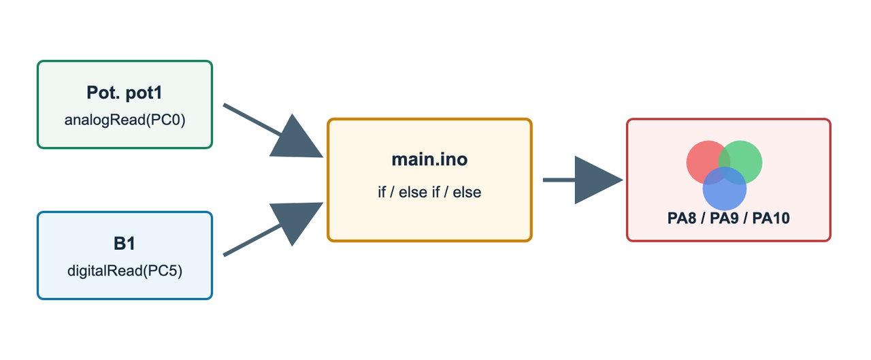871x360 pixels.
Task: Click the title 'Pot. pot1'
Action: (124, 93)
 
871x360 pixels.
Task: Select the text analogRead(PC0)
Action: (125, 120)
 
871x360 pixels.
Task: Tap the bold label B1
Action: (125, 244)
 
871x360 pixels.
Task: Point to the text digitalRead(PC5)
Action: (125, 271)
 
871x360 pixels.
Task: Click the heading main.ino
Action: (429, 159)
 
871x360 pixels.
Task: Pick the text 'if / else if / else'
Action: (429, 192)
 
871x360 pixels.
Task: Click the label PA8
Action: (682, 218)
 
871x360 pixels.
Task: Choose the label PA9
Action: (724, 218)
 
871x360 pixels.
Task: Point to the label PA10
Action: (771, 218)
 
